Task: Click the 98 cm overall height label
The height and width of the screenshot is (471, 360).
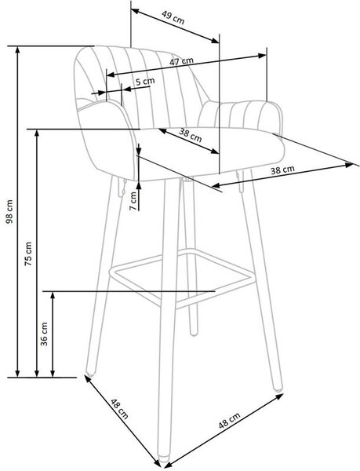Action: pyautogui.click(x=9, y=211)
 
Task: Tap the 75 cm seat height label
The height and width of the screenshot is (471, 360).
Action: pyautogui.click(x=28, y=254)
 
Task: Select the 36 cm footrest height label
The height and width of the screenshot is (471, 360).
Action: pyautogui.click(x=44, y=334)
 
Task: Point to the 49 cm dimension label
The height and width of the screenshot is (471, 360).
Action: pyautogui.click(x=173, y=17)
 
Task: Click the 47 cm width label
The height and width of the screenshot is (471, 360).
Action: pyautogui.click(x=181, y=61)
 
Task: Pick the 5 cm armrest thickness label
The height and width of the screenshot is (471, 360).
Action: pyautogui.click(x=145, y=81)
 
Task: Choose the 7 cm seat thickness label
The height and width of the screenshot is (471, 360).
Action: pyautogui.click(x=133, y=201)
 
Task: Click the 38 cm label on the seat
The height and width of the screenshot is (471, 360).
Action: pyautogui.click(x=191, y=134)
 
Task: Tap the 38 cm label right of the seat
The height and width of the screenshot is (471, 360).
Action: pyautogui.click(x=282, y=170)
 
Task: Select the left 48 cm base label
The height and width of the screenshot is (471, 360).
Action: pyautogui.click(x=119, y=408)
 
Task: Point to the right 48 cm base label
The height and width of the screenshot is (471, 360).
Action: pyautogui.click(x=229, y=421)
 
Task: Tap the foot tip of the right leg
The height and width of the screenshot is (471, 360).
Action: pyautogui.click(x=277, y=389)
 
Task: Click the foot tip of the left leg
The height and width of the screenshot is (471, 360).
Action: pyautogui.click(x=90, y=374)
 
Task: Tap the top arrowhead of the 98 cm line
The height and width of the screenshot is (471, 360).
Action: pyautogui.click(x=18, y=50)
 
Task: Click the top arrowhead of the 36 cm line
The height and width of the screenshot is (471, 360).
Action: pyautogui.click(x=53, y=295)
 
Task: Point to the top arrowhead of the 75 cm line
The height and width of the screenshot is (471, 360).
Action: pyautogui.click(x=37, y=133)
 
